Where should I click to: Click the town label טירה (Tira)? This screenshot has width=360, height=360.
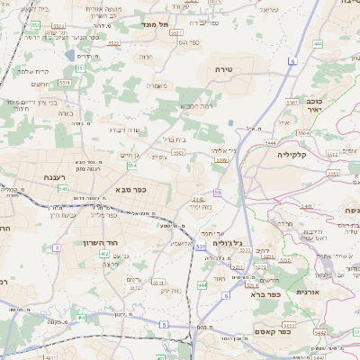[224, 68]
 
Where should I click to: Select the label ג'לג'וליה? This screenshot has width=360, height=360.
[229, 242]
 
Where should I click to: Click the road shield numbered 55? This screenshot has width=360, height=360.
[219, 192]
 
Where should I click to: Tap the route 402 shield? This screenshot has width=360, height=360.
[104, 255]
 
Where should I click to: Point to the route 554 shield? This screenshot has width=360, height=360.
[132, 166]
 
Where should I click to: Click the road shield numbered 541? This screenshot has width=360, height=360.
[61, 189]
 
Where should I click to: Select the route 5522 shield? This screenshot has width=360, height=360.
[112, 42]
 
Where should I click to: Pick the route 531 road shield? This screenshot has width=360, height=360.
[200, 246]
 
